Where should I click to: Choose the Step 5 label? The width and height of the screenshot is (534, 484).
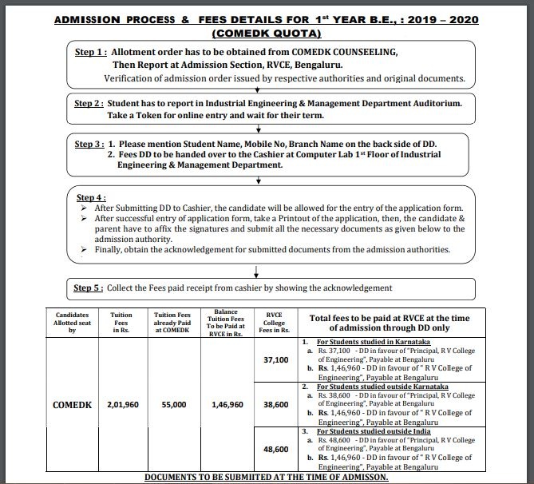point(93,288)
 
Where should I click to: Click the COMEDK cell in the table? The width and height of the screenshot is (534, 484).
point(76,405)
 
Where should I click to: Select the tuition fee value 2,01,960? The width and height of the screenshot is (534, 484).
point(122,405)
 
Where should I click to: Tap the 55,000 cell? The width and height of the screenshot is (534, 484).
point(173,405)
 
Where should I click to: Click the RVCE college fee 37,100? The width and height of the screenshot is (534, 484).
point(275,361)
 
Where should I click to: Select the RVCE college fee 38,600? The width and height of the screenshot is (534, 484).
point(275,405)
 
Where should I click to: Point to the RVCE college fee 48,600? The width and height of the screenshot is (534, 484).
point(275,449)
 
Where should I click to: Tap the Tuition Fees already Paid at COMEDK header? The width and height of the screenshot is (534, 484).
point(173,321)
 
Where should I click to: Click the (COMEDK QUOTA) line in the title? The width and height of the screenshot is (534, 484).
point(266,34)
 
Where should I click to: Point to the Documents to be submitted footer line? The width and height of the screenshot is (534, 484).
point(267,477)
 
